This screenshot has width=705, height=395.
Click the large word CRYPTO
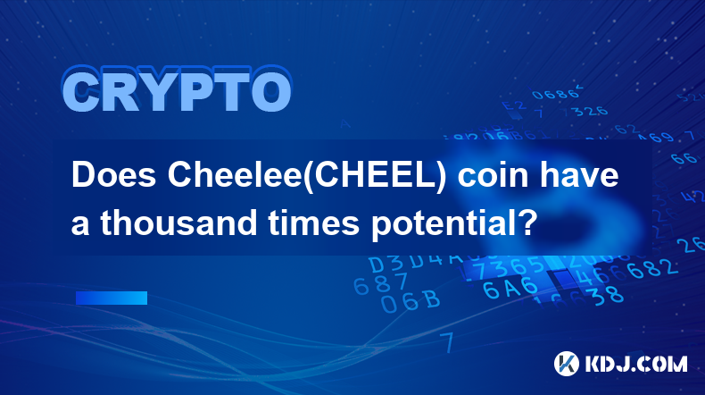pyautogui.click(x=177, y=89)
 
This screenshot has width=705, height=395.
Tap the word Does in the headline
pyautogui.click(x=114, y=175)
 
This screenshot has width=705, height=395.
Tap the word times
pyautogui.click(x=314, y=223)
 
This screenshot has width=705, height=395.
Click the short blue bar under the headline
pyautogui.click(x=112, y=298)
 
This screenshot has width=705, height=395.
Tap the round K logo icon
pyautogui.click(x=566, y=364)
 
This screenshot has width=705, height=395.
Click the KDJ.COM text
pyautogui.click(x=635, y=364)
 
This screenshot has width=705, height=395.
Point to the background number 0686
pyautogui.click(x=556, y=94)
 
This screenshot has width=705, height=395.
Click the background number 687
pyautogui.click(x=380, y=284)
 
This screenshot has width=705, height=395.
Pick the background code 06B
pyautogui.click(x=410, y=301)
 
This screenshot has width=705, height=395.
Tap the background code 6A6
pyautogui.click(x=510, y=288)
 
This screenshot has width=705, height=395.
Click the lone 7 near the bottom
pyautogui.click(x=447, y=342)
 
